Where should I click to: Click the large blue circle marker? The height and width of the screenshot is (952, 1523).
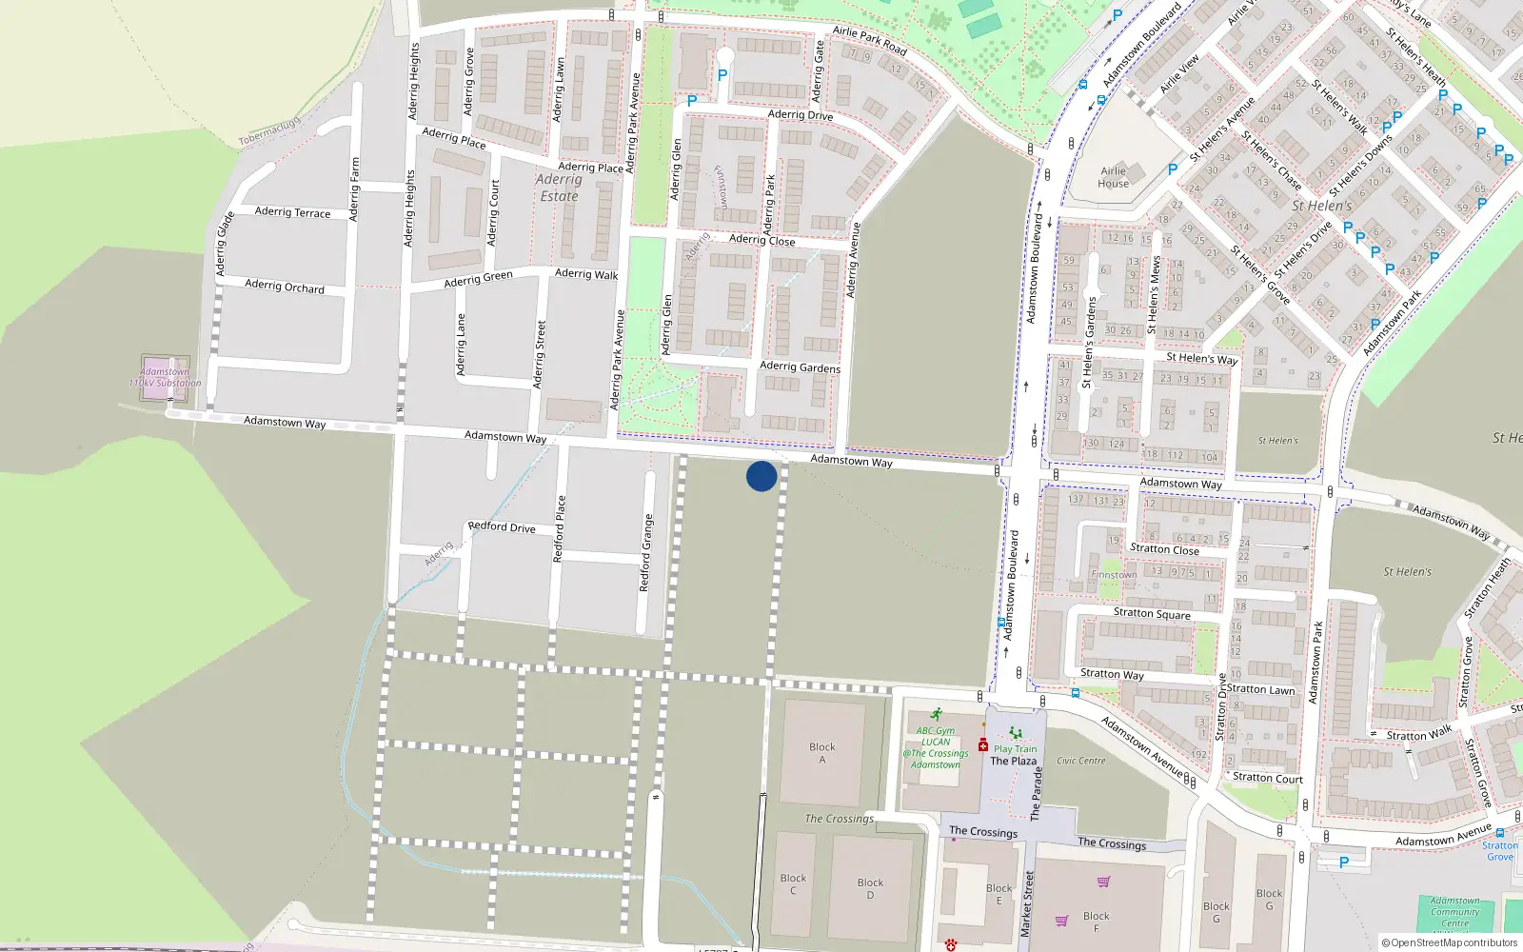[x=761, y=476]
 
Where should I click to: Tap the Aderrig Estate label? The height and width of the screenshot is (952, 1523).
[x=559, y=188]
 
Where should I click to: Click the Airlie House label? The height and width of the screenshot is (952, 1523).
[x=1113, y=178]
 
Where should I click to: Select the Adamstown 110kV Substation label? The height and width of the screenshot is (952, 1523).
[x=165, y=378]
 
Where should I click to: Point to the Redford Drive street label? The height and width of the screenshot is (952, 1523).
[x=502, y=526]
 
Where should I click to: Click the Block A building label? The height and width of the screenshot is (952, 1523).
[x=822, y=753]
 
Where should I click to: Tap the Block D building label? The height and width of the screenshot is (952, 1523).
[x=870, y=888]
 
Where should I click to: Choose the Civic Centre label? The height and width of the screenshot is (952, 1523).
[x=1080, y=761]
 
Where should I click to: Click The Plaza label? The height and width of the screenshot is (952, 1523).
[x=1013, y=761]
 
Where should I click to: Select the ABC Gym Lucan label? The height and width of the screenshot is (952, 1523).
[x=935, y=747]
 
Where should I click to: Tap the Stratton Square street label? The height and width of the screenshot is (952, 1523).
[x=1152, y=613]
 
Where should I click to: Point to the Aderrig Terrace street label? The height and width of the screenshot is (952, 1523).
[x=292, y=212]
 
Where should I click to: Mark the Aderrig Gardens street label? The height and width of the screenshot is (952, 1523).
[x=800, y=367]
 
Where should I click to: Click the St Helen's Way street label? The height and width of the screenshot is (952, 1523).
[x=1201, y=359]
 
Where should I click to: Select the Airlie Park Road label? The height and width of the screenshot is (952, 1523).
[x=869, y=39]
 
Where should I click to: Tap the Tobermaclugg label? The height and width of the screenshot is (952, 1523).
[x=269, y=132]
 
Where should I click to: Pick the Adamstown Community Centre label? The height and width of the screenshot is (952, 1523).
[x=1454, y=911]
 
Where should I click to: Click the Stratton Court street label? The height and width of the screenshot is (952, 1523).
[x=1267, y=778]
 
